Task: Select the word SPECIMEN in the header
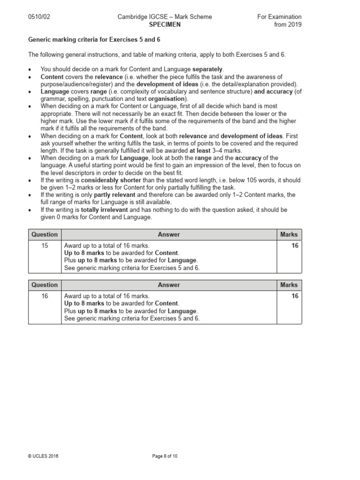(x=164, y=24)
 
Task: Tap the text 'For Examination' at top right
(x=279, y=17)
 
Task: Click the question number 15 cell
(x=45, y=246)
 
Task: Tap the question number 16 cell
(x=45, y=296)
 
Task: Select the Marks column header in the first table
(x=289, y=234)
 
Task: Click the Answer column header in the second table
(x=169, y=285)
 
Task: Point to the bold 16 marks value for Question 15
(x=294, y=246)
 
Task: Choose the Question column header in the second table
(x=45, y=285)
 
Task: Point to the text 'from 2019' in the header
(x=288, y=24)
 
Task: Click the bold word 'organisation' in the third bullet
(x=166, y=99)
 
